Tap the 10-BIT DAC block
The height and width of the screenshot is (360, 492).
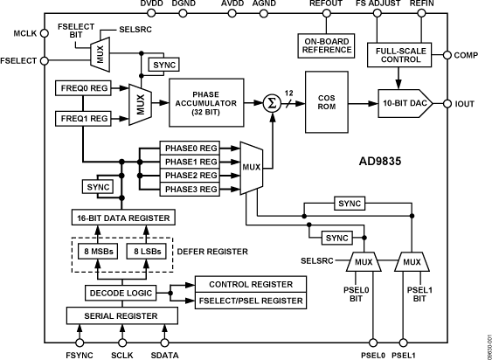click(x=403, y=104)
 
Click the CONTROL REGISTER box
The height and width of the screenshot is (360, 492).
click(x=249, y=285)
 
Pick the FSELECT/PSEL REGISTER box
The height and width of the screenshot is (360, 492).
click(x=249, y=301)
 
